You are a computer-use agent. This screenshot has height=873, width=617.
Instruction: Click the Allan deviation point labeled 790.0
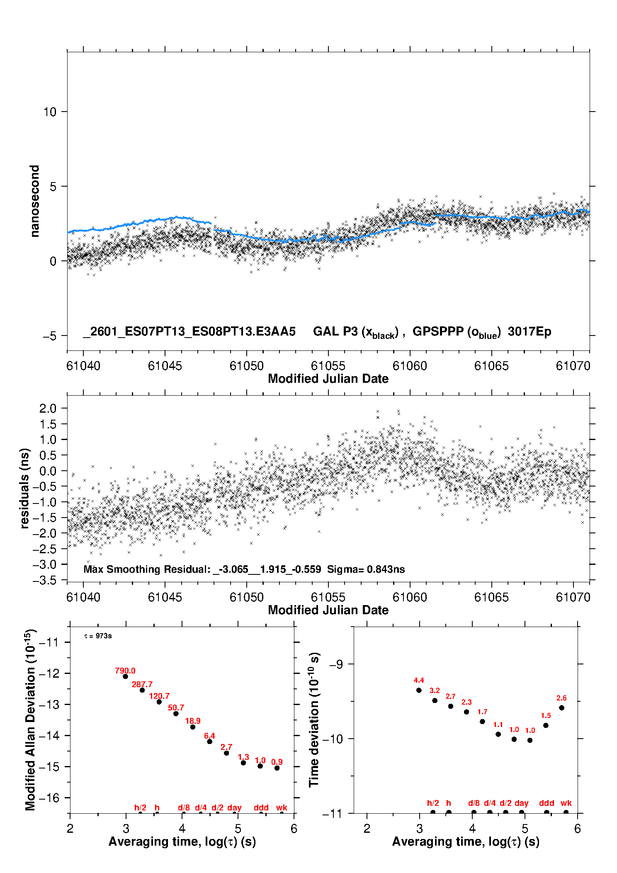(125, 676)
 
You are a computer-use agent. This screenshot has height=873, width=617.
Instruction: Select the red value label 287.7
(142, 684)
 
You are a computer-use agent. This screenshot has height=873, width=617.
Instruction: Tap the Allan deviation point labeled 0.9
(277, 768)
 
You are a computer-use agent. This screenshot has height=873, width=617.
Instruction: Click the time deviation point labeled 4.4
(419, 690)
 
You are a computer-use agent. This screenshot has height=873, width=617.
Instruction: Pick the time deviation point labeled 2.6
(561, 708)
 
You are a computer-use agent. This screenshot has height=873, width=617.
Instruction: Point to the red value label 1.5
(546, 715)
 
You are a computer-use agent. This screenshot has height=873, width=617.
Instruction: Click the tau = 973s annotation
(98, 636)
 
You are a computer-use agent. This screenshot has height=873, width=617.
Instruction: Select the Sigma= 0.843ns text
(366, 569)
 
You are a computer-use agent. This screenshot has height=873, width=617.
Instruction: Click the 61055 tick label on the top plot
(328, 366)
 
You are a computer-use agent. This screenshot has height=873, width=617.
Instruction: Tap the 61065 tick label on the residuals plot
(491, 597)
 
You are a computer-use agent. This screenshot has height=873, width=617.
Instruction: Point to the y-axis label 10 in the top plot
(50, 112)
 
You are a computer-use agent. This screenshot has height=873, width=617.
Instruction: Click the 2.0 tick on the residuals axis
(48, 409)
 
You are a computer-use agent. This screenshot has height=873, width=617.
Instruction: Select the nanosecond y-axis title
(34, 201)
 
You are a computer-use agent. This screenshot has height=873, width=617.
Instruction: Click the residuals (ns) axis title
(25, 488)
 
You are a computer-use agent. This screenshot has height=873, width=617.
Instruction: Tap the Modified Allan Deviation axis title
(30, 720)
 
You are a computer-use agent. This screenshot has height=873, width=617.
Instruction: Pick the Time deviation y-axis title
(314, 720)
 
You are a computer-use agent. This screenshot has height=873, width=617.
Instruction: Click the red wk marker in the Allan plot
(282, 807)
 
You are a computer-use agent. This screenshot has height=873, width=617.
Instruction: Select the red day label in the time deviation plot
(521, 803)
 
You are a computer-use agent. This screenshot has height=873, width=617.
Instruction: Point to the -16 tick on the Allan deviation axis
(49, 798)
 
